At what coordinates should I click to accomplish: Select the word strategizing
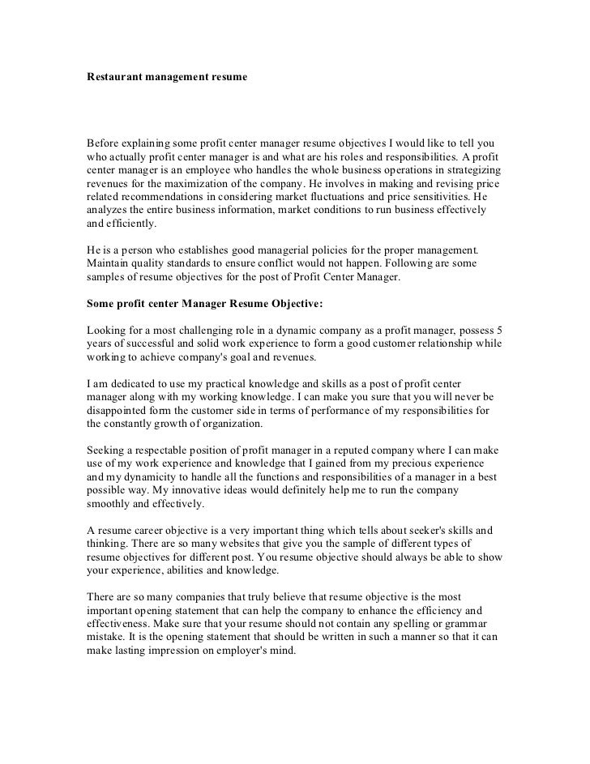(469, 174)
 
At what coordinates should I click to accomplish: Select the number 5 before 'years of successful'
(499, 331)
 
